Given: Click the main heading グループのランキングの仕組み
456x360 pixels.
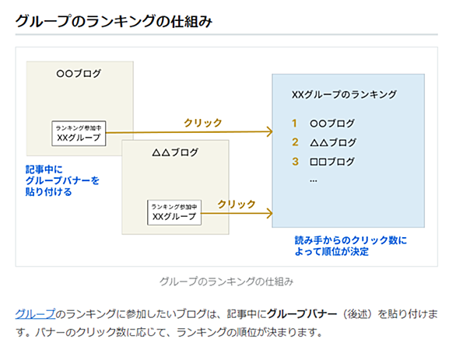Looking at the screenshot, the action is pyautogui.click(x=114, y=21).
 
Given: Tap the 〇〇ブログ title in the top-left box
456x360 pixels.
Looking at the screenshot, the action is pyautogui.click(x=79, y=74).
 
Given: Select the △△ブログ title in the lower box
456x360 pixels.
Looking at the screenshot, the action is pyautogui.click(x=175, y=152).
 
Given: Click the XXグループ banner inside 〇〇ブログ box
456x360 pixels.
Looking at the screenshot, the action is pyautogui.click(x=79, y=134).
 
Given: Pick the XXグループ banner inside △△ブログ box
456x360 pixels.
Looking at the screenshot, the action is pyautogui.click(x=174, y=212).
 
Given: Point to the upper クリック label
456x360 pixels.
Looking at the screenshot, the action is pyautogui.click(x=203, y=123).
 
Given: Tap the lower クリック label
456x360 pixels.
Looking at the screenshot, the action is pyautogui.click(x=237, y=204).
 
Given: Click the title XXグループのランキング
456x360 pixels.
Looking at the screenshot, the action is pyautogui.click(x=344, y=94).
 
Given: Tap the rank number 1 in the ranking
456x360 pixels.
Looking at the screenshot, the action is pyautogui.click(x=294, y=123).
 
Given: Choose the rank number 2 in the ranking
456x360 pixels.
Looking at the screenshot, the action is pyautogui.click(x=295, y=142).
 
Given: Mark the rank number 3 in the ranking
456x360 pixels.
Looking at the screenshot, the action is pyautogui.click(x=295, y=161).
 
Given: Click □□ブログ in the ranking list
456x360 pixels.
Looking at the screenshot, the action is pyautogui.click(x=332, y=162).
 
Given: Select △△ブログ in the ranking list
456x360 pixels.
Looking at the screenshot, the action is pyautogui.click(x=333, y=142).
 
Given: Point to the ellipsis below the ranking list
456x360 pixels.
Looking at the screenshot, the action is pyautogui.click(x=314, y=181).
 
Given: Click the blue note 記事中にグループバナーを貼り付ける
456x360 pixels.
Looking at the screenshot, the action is pyautogui.click(x=62, y=180).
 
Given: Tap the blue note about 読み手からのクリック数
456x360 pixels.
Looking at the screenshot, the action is pyautogui.click(x=350, y=246).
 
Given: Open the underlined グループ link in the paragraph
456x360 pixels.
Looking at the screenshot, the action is pyautogui.click(x=35, y=314).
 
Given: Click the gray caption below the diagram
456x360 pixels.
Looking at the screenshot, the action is pyautogui.click(x=226, y=281).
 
